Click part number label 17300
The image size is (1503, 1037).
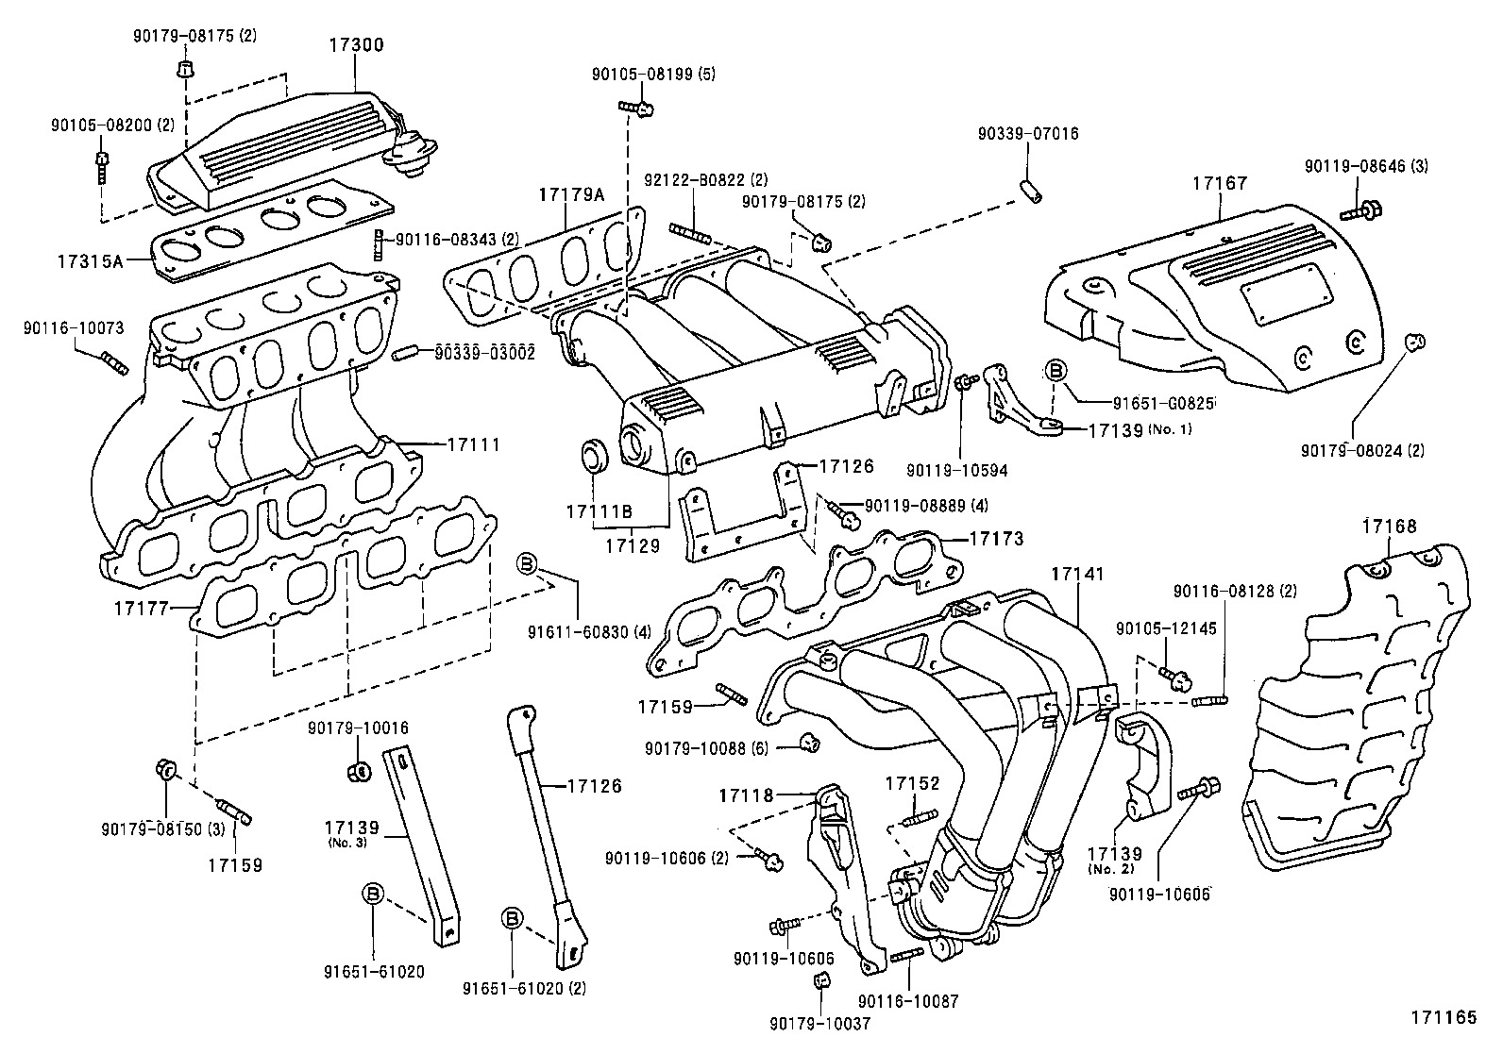pos(356,44)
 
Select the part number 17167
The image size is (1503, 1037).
pos(1219,183)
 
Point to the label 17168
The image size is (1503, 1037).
pos(1389,527)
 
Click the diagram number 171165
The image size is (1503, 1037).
pos(1444,1017)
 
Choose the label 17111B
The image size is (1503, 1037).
pos(599,511)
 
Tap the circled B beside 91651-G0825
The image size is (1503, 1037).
pos(1055,370)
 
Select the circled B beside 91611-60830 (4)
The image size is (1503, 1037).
pos(527,565)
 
